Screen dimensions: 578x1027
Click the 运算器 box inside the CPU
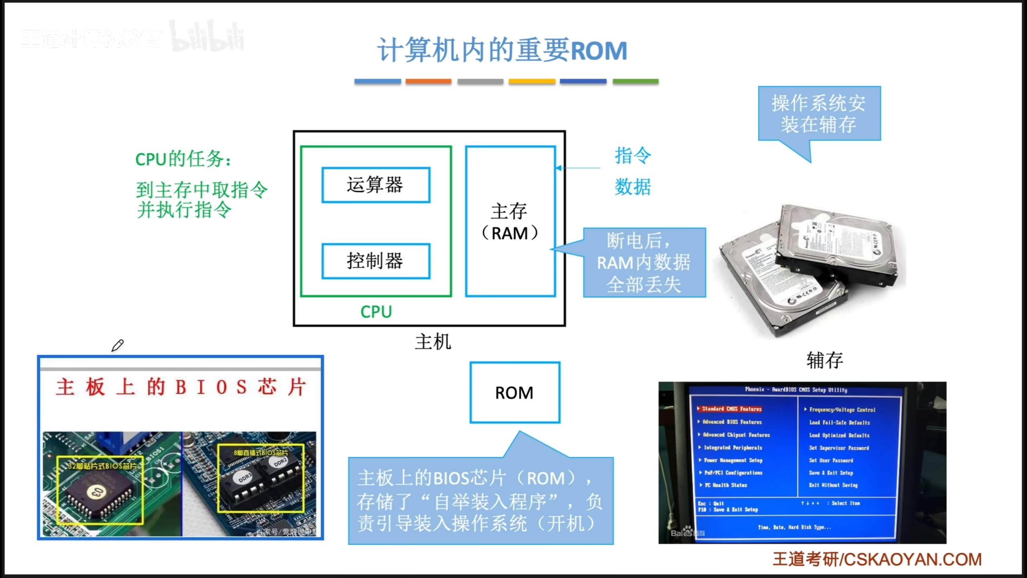[x=375, y=185]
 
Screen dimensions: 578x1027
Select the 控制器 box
[x=375, y=261]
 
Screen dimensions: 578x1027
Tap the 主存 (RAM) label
[x=509, y=222]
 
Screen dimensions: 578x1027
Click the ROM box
[x=515, y=393]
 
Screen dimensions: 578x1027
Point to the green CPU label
[x=376, y=312]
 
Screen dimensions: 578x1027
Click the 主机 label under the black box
[x=433, y=342]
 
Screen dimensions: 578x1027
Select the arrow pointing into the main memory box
[x=578, y=168]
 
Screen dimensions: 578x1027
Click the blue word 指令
[x=633, y=155]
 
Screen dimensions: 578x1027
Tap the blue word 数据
[x=633, y=187]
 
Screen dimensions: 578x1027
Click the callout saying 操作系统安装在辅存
[x=819, y=114]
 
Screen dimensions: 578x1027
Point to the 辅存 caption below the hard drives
[x=824, y=360]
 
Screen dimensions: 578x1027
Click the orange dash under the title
[x=428, y=81]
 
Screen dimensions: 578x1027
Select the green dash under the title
[x=635, y=81]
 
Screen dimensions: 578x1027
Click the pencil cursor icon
[x=118, y=345]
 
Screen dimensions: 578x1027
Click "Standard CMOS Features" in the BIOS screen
[x=731, y=409]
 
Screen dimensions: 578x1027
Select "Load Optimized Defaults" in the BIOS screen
[x=839, y=435]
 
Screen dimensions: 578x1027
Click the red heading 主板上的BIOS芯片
[x=181, y=387]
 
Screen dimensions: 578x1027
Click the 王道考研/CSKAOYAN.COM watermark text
[x=877, y=559]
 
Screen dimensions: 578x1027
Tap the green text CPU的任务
[x=183, y=159]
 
